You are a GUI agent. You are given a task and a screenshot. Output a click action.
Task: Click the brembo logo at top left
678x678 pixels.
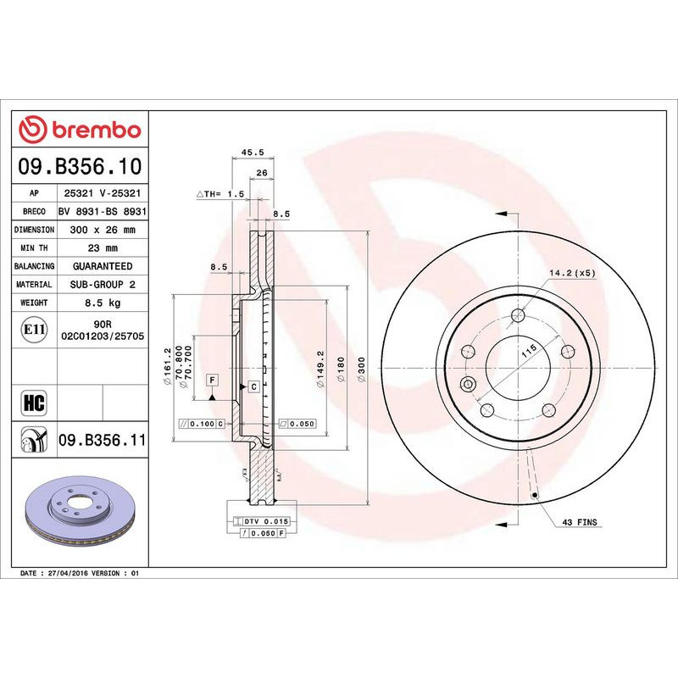click(81, 130)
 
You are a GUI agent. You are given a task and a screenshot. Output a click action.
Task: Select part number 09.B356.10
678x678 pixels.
click(81, 166)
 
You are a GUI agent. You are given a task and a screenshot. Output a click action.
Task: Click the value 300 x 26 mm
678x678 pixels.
click(103, 230)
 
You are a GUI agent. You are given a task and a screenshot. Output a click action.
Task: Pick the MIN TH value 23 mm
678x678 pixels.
click(103, 248)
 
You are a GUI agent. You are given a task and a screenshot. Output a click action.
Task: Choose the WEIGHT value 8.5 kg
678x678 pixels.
click(103, 303)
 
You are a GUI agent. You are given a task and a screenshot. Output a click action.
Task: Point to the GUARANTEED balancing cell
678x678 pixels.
click(103, 266)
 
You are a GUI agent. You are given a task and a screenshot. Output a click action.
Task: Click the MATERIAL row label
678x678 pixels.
click(34, 285)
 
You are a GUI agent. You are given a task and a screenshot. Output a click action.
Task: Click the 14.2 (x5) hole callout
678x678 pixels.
click(573, 273)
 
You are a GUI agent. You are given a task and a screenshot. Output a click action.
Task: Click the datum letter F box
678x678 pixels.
click(212, 379)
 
